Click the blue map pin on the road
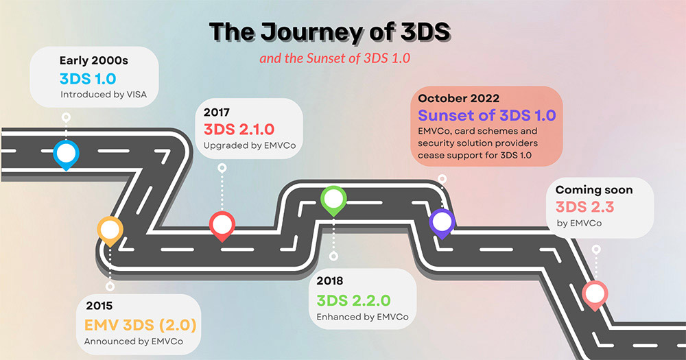66,154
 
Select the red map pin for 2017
222,226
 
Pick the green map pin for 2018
333,200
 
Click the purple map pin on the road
442,223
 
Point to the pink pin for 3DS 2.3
595,296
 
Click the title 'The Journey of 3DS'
331,32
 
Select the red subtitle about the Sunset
335,58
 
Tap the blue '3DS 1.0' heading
88,79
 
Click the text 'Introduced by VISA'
104,95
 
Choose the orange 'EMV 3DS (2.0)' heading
141,325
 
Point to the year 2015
99,305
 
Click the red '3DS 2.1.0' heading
239,130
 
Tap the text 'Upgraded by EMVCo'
250,145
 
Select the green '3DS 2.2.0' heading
353,300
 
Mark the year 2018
330,281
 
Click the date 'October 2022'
458,98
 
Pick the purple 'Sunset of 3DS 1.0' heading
487,115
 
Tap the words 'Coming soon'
594,190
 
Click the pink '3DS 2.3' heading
585,207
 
